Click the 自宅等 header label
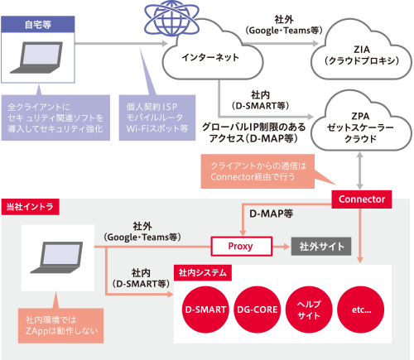pos(38,24)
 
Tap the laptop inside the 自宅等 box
pos(36,57)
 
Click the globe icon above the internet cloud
pos(171,18)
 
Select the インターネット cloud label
pos(210,57)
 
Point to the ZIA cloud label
pos(362,55)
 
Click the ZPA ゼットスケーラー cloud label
pos(360,127)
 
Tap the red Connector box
pos(362,199)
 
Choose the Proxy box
pos(242,246)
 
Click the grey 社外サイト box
pos(321,246)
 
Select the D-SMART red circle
pos(205,310)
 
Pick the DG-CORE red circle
pos(258,310)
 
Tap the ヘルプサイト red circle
pos(309,310)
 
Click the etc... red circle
pos(361,310)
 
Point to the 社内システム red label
pos(203,273)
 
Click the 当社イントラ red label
pos(30,207)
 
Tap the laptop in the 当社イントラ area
pos(56,257)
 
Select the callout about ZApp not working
pos(60,325)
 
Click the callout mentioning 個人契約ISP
pos(157,118)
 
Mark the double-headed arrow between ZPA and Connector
pos(359,170)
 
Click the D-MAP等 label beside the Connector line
pos(271,214)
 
